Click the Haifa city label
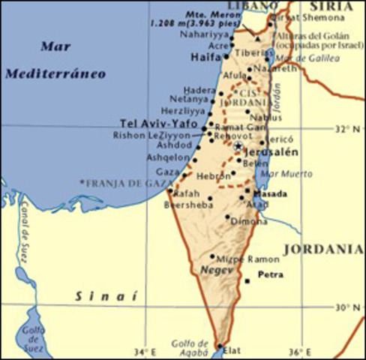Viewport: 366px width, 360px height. (205, 56)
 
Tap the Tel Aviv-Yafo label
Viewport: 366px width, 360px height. (158, 124)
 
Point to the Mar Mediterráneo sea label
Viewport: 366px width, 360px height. (55, 59)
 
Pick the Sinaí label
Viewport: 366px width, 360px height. (106, 297)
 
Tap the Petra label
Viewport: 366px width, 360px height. (271, 275)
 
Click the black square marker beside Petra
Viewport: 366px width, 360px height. (247, 281)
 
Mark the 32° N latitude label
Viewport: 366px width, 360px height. (348, 129)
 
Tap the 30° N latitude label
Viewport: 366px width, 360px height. (349, 307)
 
